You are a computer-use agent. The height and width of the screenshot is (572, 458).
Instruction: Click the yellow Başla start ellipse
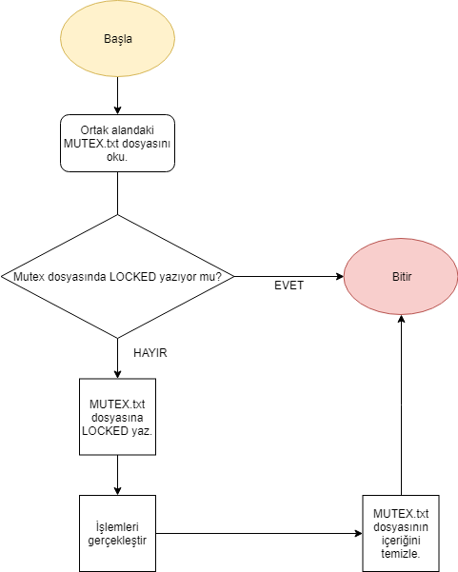pos(117,39)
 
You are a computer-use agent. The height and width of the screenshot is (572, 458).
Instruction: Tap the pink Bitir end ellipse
pos(400,276)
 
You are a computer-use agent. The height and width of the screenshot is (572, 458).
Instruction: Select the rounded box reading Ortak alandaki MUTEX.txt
pos(117,143)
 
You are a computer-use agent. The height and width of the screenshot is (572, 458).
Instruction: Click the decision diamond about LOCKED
pos(117,276)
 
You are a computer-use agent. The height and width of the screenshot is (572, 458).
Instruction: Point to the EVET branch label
pos(289,285)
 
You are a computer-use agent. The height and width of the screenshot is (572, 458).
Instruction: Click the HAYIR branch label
pos(150,351)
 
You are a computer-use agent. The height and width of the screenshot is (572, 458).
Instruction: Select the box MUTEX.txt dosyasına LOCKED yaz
pos(117,417)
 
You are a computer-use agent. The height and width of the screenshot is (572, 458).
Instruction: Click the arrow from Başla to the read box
pos(117,95)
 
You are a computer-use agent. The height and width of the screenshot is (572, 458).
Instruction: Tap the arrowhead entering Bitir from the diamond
pos(338,276)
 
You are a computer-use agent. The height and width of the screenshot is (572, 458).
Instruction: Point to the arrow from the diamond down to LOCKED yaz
pos(117,358)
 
